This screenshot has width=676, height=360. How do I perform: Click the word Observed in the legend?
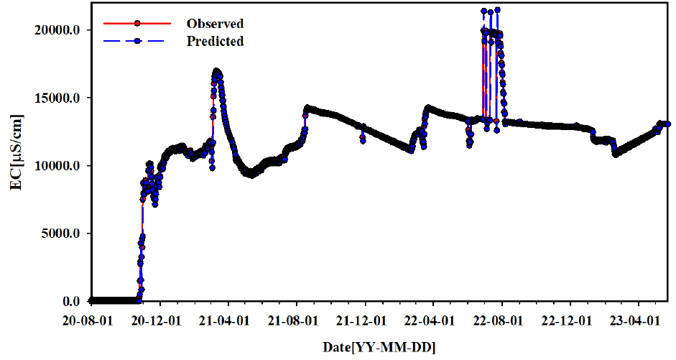215,23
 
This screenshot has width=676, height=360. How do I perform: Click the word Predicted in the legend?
215,41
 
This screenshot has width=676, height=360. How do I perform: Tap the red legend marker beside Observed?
137,23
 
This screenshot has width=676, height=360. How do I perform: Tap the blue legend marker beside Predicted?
137,41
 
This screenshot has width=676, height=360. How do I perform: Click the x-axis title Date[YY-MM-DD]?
379,347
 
